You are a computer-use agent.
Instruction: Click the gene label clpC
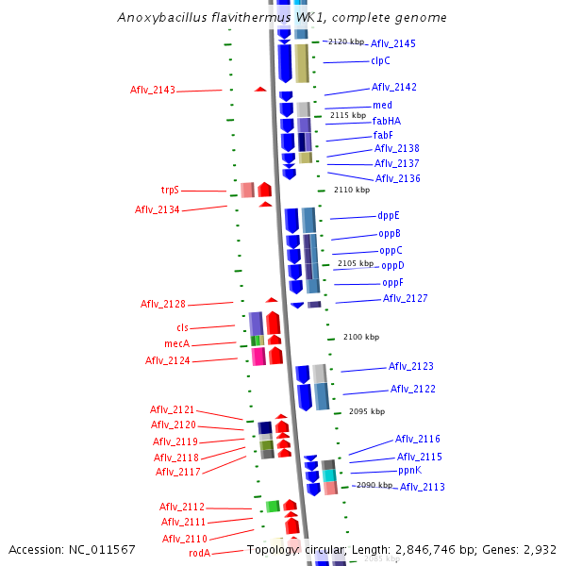pyautogui.click(x=381, y=61)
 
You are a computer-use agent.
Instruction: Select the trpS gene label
pyautogui.click(x=170, y=190)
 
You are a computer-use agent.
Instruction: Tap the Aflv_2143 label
pyautogui.click(x=153, y=90)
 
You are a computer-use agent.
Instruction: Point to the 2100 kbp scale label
pyautogui.click(x=361, y=337)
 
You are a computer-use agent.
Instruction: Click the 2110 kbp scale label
pyautogui.click(x=352, y=190)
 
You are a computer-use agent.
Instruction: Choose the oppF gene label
pyautogui.click(x=392, y=282)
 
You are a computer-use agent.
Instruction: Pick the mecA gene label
pyautogui.click(x=177, y=343)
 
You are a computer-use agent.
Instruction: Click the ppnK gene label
pyautogui.click(x=408, y=470)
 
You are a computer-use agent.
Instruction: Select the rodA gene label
pyautogui.click(x=199, y=553)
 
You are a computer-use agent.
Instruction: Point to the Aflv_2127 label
pyautogui.click(x=405, y=298)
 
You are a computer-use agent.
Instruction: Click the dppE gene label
pyautogui.click(x=389, y=215)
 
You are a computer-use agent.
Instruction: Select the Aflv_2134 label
pyautogui.click(x=157, y=209)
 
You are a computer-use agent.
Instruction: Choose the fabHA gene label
pyautogui.click(x=386, y=120)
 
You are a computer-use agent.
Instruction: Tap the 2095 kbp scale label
pyautogui.click(x=367, y=411)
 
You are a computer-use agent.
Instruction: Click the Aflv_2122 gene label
pyautogui.click(x=413, y=389)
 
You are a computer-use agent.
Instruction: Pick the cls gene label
pyautogui.click(x=182, y=327)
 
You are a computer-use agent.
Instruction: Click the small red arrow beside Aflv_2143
pyautogui.click(x=260, y=89)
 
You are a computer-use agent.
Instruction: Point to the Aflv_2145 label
pyautogui.click(x=392, y=43)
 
